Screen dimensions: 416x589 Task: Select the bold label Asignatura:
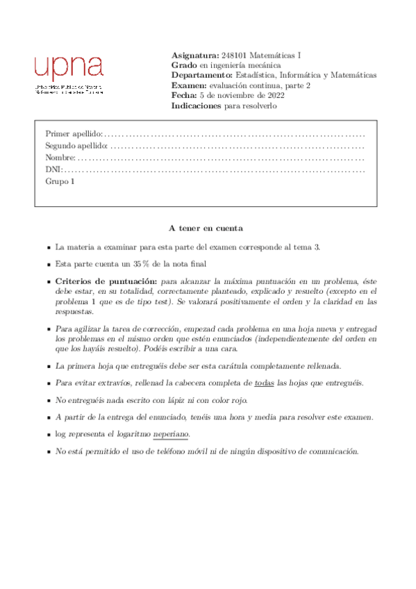pyautogui.click(x=194, y=55)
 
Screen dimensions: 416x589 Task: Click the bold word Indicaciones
pyautogui.click(x=197, y=106)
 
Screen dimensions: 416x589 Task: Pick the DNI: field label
pyautogui.click(x=53, y=170)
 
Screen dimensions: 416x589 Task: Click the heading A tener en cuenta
pyautogui.click(x=206, y=228)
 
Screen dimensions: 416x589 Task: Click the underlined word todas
pyautogui.click(x=265, y=383)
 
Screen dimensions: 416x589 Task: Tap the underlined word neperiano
pyautogui.click(x=170, y=434)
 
